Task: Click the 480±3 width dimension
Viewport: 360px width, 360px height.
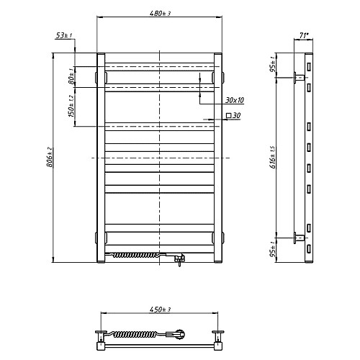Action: (160, 13)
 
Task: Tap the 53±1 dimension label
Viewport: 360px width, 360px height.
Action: (64, 35)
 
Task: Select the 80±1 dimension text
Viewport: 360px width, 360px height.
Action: (71, 76)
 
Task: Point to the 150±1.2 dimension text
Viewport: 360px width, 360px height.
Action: (71, 106)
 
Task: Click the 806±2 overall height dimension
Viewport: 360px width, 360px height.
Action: (50, 157)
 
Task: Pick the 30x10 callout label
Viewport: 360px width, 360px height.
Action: (235, 100)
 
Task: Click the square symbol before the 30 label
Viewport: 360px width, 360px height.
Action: (229, 115)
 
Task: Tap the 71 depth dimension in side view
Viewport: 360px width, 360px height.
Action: (303, 35)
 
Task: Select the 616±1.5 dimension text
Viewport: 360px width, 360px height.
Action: (273, 157)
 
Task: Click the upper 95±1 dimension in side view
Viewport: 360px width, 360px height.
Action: (273, 65)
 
